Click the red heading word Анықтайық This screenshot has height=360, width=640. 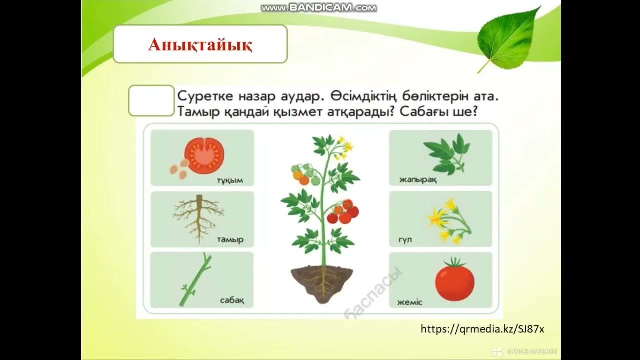(x=200, y=45)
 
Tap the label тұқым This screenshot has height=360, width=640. (x=230, y=180)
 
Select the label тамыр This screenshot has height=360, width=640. (x=230, y=240)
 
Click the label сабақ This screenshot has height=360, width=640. (x=232, y=300)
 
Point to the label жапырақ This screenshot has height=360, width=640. (x=418, y=180)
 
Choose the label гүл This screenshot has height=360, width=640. (x=405, y=241)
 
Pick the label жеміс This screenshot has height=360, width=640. (x=410, y=302)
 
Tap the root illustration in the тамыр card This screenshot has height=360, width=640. (x=198, y=217)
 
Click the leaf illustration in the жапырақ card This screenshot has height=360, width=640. (x=446, y=153)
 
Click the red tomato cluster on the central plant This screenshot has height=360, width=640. (x=343, y=212)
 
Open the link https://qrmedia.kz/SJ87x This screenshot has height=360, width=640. (x=482, y=329)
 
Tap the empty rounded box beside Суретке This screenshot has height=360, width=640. (x=151, y=101)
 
